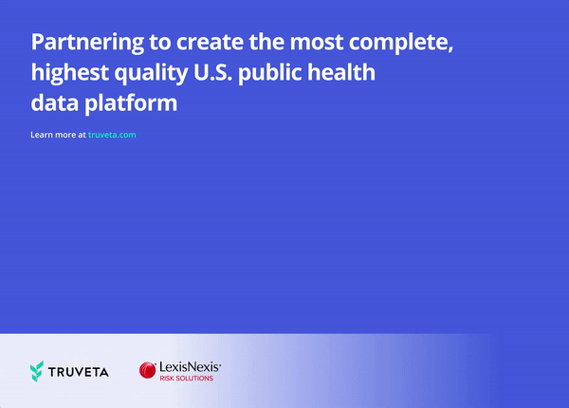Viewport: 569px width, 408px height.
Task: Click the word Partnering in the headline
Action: tap(87, 43)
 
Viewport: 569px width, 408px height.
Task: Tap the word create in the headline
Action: tap(211, 42)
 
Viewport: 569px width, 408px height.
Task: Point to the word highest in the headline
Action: tap(69, 73)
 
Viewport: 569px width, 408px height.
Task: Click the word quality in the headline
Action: tap(152, 73)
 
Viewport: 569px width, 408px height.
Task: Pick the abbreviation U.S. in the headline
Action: tap(212, 72)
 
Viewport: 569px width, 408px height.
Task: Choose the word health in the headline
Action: tap(341, 72)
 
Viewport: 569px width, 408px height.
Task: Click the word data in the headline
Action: tap(55, 102)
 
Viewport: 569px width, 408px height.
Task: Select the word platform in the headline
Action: tap(131, 103)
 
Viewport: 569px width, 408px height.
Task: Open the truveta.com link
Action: tap(112, 135)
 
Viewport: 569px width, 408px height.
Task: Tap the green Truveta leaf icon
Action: tap(37, 371)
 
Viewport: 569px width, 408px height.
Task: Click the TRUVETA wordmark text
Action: tap(79, 372)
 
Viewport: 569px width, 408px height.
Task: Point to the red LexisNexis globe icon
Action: tap(147, 370)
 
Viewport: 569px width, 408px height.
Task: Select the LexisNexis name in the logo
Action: tap(190, 367)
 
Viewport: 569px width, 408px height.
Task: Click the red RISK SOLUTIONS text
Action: tap(187, 379)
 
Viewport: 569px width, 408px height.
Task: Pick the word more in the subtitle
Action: tap(65, 135)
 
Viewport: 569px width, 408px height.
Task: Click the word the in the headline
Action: tap(266, 42)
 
